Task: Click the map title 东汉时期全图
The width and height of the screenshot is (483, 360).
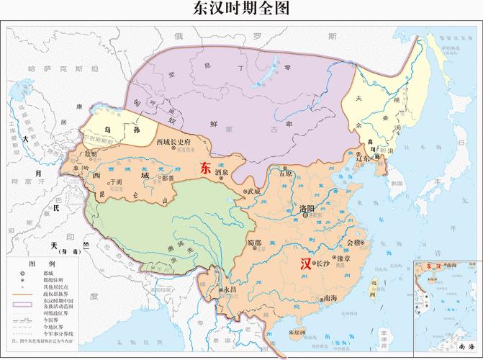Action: pos(241,9)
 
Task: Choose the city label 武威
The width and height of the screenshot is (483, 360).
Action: pos(253,192)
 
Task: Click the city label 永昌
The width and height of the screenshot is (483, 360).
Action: pos(229,289)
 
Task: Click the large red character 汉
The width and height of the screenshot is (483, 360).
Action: pos(307,264)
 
